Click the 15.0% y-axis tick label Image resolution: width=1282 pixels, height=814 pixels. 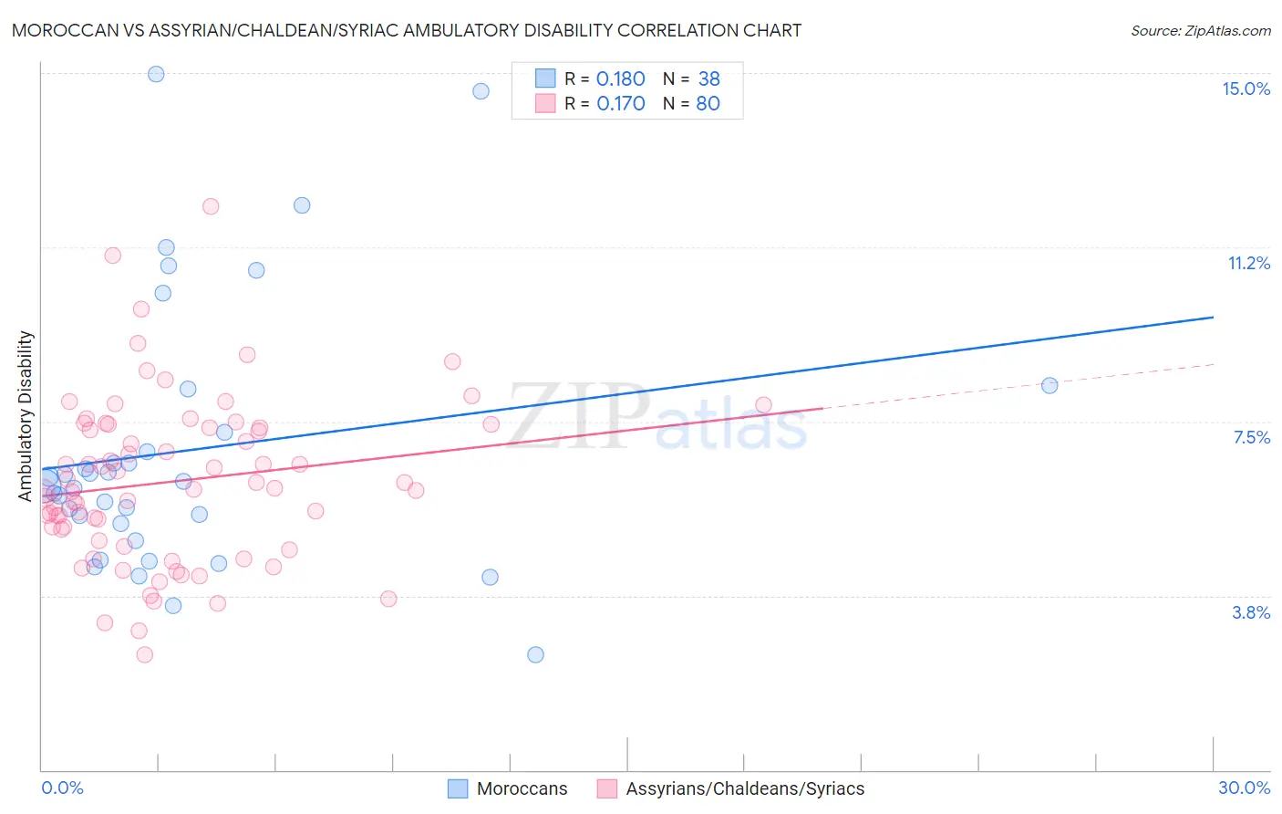pyautogui.click(x=1246, y=89)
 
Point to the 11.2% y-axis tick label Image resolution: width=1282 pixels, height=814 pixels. pyautogui.click(x=1248, y=263)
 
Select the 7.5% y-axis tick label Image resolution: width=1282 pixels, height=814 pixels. pyautogui.click(x=1251, y=437)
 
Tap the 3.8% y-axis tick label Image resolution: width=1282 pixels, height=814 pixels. pyautogui.click(x=1251, y=612)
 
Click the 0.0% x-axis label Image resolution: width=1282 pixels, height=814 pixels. pyautogui.click(x=62, y=788)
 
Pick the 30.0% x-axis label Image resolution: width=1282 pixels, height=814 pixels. pyautogui.click(x=1244, y=788)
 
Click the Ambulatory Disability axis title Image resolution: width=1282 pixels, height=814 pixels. pyautogui.click(x=26, y=415)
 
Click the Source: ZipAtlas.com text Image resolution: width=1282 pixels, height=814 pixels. pyautogui.click(x=1200, y=30)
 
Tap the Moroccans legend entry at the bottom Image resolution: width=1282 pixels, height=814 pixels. pyautogui.click(x=522, y=788)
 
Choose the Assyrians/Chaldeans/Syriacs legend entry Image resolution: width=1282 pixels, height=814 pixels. pyautogui.click(x=745, y=788)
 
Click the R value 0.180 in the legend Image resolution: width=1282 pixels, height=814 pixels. pyautogui.click(x=620, y=79)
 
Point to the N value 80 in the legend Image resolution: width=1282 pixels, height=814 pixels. pyautogui.click(x=708, y=104)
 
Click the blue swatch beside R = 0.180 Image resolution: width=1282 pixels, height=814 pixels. pyautogui.click(x=545, y=78)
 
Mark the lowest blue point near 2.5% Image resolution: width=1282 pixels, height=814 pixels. pyautogui.click(x=535, y=654)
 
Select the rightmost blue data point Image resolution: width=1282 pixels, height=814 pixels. pyautogui.click(x=1049, y=385)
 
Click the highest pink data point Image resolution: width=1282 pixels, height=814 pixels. pyautogui.click(x=211, y=206)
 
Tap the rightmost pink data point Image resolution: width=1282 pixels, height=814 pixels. pyautogui.click(x=763, y=404)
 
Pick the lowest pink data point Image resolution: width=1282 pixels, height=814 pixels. pyautogui.click(x=144, y=654)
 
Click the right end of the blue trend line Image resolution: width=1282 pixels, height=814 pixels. pyautogui.click(x=1213, y=317)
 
